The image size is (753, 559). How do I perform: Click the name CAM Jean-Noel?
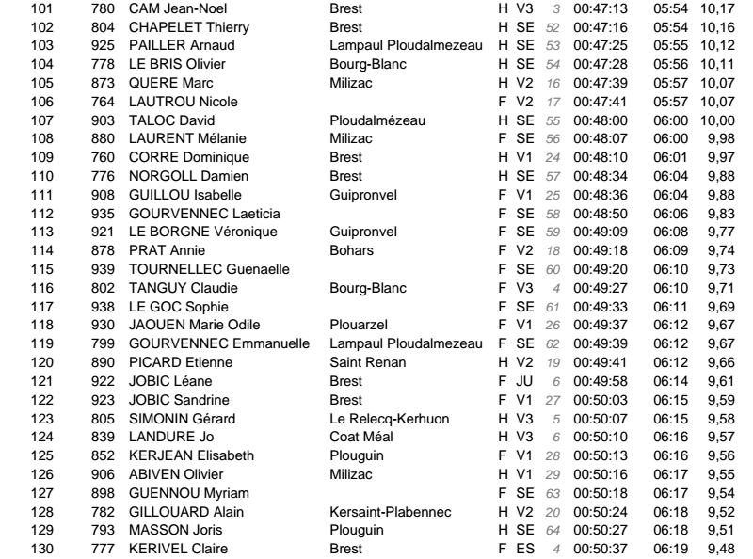173,9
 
